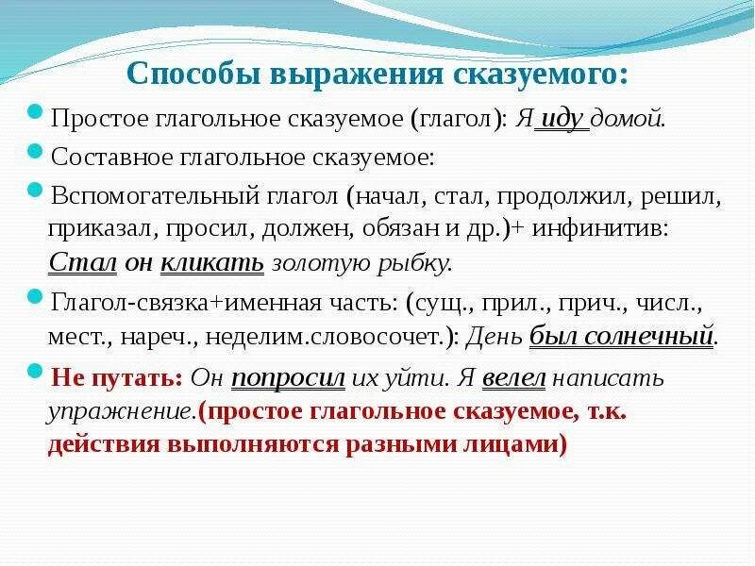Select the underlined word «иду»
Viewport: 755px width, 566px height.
tap(562, 120)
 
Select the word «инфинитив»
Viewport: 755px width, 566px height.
tap(616, 229)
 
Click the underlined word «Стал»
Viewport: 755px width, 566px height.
tap(82, 263)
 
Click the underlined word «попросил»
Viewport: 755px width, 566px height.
tap(289, 378)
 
